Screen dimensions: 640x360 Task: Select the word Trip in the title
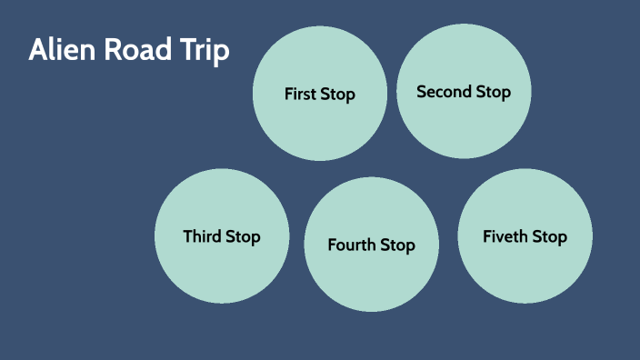[204, 51]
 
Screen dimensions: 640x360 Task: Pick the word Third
[201, 236]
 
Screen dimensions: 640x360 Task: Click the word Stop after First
[338, 95]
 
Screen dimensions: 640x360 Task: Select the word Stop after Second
[492, 92]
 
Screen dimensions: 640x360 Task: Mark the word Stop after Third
[243, 237]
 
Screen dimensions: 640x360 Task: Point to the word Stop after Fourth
[398, 245]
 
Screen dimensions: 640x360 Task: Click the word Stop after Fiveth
[549, 237]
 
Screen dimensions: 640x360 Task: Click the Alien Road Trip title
[128, 50]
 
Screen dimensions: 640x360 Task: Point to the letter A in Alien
[37, 50]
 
